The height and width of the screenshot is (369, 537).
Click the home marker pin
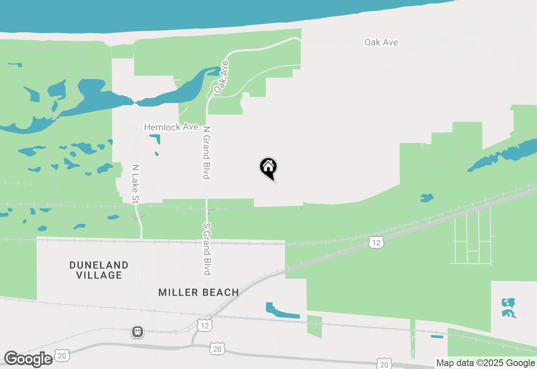(268, 168)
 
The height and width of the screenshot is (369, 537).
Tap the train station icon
(137, 332)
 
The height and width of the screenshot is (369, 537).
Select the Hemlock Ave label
(171, 127)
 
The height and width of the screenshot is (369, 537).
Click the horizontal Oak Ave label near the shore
(381, 42)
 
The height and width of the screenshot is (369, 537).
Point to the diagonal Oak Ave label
(221, 77)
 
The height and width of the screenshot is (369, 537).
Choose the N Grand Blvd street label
(206, 153)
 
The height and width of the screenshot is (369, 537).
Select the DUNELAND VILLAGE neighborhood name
(99, 270)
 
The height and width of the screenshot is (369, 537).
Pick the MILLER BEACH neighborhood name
(198, 292)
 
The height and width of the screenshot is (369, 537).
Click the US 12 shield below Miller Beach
(204, 325)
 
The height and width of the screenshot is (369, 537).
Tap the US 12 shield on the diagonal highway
(377, 243)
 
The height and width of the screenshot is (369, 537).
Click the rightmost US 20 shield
(384, 364)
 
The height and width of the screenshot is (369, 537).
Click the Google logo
(28, 359)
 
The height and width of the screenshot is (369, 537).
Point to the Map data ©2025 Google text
(486, 363)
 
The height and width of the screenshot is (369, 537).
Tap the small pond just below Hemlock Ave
(156, 138)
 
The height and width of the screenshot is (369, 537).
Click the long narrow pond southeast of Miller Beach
(281, 311)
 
